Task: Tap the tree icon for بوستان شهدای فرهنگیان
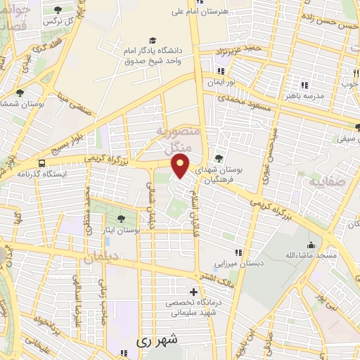219,158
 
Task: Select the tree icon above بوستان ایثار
122,219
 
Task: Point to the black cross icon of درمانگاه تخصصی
194,291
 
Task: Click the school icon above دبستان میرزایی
238,251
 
